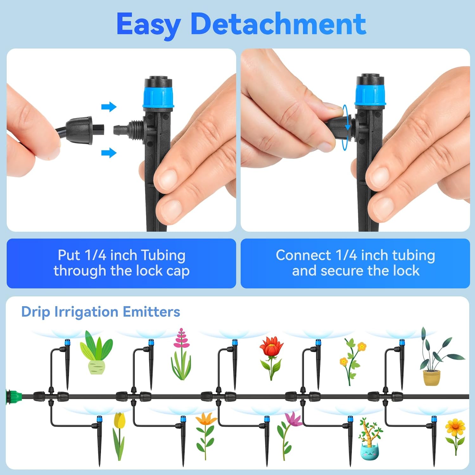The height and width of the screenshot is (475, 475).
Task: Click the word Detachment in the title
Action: pyautogui.click(x=278, y=24)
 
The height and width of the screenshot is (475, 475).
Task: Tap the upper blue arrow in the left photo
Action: pyautogui.click(x=109, y=107)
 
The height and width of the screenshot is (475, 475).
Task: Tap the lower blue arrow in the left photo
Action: pyautogui.click(x=109, y=153)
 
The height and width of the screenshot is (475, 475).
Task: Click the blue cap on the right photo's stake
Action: pyautogui.click(x=370, y=95)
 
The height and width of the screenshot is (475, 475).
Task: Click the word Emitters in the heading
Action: pyautogui.click(x=151, y=312)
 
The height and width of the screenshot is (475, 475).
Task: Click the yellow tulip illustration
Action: pyautogui.click(x=119, y=436)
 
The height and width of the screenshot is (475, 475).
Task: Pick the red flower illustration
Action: pyautogui.click(x=271, y=358)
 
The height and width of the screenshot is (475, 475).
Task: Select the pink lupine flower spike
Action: pyautogui.click(x=181, y=354)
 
